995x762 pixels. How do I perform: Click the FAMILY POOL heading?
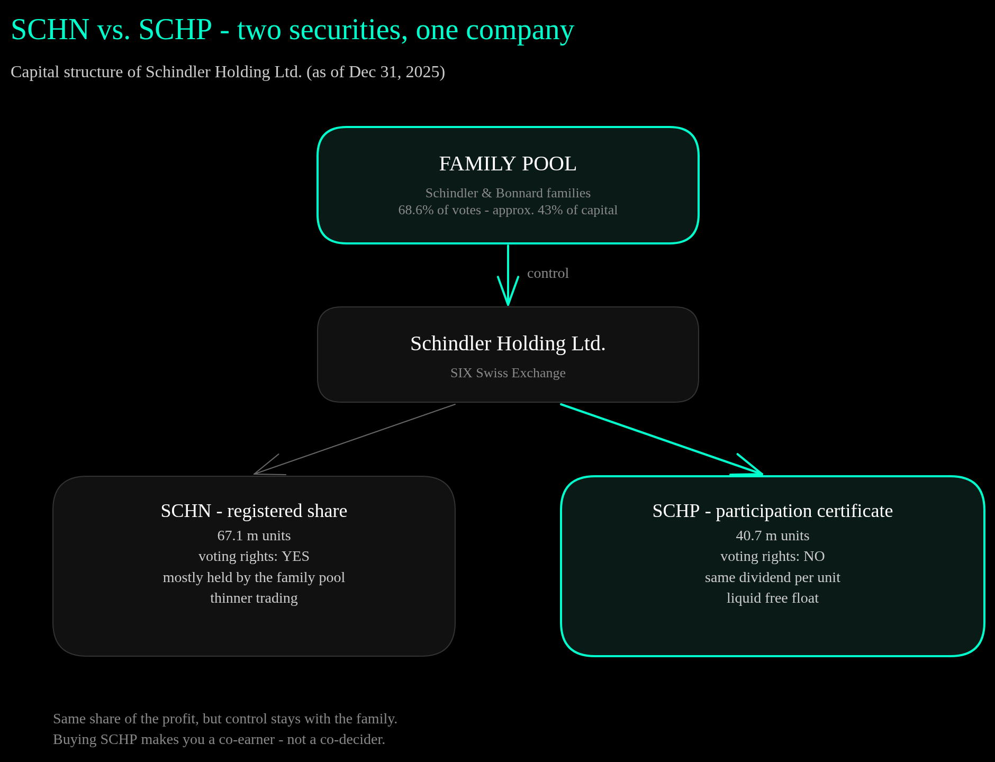[508, 164]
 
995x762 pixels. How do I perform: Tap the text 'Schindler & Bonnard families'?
[508, 193]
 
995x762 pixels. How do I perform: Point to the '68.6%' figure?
[416, 210]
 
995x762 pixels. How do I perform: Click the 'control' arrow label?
[548, 273]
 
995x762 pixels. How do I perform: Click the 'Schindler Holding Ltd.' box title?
[508, 344]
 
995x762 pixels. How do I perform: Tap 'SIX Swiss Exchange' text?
[508, 373]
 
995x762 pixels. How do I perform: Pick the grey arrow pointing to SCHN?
[355, 439]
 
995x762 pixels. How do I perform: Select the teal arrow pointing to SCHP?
[662, 439]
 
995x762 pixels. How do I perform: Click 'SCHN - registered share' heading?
[254, 511]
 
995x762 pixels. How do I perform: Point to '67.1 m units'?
[254, 536]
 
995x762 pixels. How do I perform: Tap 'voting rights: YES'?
[254, 556]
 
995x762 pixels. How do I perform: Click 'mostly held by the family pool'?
[254, 577]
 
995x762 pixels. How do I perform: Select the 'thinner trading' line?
[254, 598]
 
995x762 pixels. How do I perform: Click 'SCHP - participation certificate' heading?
[773, 511]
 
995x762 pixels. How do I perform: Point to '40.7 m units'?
[773, 536]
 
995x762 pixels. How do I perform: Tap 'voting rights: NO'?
[773, 556]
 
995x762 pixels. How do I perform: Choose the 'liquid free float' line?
[773, 598]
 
